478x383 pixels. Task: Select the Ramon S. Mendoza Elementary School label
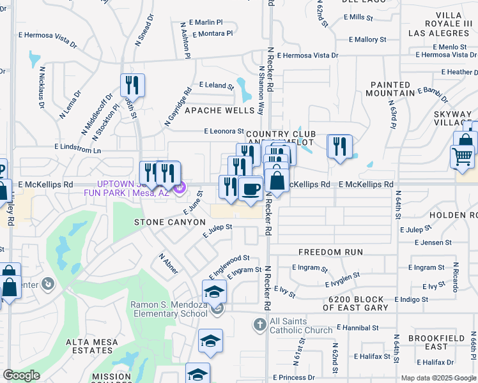click(169, 309)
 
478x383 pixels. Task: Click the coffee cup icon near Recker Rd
click(251, 188)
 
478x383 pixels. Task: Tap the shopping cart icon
click(461, 156)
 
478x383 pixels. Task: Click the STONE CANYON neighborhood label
click(169, 222)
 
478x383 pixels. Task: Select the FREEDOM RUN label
click(330, 253)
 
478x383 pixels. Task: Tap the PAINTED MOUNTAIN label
click(390, 89)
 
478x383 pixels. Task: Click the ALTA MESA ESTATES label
click(92, 346)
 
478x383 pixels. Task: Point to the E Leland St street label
click(217, 85)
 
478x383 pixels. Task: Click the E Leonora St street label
click(224, 131)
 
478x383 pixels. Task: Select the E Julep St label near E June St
click(217, 230)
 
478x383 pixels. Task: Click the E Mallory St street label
click(367, 40)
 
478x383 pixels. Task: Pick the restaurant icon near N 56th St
click(132, 84)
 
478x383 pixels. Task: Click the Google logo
click(22, 375)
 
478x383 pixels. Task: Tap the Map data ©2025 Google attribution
click(438, 378)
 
